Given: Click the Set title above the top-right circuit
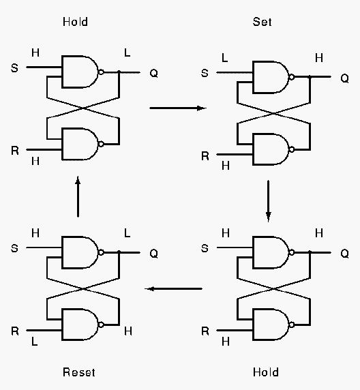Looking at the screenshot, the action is tap(262, 22).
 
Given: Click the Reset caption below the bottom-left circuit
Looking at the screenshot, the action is tap(79, 372).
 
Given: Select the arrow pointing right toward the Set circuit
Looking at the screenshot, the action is tap(178, 108).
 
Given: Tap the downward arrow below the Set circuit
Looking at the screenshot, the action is tap(268, 201).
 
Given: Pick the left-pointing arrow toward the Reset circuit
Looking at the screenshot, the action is tap(174, 289).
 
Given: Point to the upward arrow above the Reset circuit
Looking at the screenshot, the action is tap(78, 196).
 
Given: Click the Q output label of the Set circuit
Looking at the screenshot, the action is tap(344, 78).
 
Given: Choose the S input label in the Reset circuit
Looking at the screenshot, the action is tap(15, 248).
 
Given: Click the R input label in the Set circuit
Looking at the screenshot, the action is tap(205, 156).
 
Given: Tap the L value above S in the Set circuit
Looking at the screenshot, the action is tap(224, 58).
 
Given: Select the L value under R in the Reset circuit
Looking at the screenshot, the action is tap(35, 342).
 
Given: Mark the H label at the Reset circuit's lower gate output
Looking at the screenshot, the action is tap(128, 331).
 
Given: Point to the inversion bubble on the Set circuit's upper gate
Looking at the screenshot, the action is tap(292, 77).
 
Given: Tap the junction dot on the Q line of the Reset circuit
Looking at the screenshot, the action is tap(119, 252).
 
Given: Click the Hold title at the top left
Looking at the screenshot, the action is tap(76, 22).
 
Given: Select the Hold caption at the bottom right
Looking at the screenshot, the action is tap(266, 372).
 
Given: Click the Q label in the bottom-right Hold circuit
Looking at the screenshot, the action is tap(344, 254).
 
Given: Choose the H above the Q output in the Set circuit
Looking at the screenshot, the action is tap(319, 58).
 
